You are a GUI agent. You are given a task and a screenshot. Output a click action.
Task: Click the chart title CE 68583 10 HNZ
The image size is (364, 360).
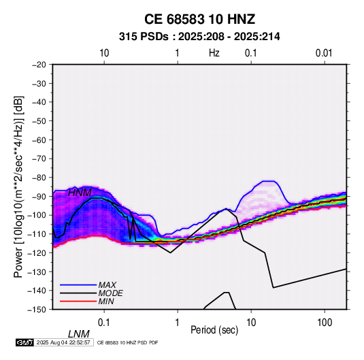pyautogui.click(x=199, y=19)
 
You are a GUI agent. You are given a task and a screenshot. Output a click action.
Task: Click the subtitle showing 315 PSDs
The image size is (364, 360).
pyautogui.click(x=199, y=37)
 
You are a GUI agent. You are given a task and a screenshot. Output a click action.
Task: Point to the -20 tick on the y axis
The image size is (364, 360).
pyautogui.click(x=39, y=65)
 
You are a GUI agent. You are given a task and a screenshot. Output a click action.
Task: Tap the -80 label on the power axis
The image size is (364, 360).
pyautogui.click(x=39, y=178)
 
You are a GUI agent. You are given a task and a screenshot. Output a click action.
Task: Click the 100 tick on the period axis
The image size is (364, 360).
pyautogui.click(x=324, y=323)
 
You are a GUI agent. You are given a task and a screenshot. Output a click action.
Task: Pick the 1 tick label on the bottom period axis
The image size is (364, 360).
pyautogui.click(x=178, y=323)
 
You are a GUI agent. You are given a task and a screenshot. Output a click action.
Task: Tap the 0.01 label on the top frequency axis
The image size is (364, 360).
pyautogui.click(x=324, y=53)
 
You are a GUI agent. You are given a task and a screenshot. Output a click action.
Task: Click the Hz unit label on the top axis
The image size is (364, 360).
pyautogui.click(x=214, y=53)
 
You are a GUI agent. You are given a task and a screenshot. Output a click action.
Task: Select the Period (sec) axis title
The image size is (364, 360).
pyautogui.click(x=214, y=330)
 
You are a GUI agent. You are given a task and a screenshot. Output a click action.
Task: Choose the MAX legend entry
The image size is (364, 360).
pyautogui.click(x=107, y=284)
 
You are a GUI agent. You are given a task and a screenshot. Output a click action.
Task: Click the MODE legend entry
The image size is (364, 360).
pyautogui.click(x=110, y=293)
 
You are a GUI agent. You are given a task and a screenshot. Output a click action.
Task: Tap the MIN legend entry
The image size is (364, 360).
pyautogui.click(x=106, y=301)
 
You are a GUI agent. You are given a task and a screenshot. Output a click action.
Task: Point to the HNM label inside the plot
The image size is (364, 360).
pyautogui.click(x=80, y=193)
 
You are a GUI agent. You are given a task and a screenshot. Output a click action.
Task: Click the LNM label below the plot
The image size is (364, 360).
pyautogui.click(x=78, y=334)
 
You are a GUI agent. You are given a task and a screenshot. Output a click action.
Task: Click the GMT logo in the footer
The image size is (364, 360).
pyautogui.click(x=24, y=342)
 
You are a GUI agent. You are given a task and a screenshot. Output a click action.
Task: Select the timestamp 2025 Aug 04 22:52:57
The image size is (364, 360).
pyautogui.click(x=63, y=342)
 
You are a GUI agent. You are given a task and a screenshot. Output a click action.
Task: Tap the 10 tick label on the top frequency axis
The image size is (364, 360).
pyautogui.click(x=104, y=53)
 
